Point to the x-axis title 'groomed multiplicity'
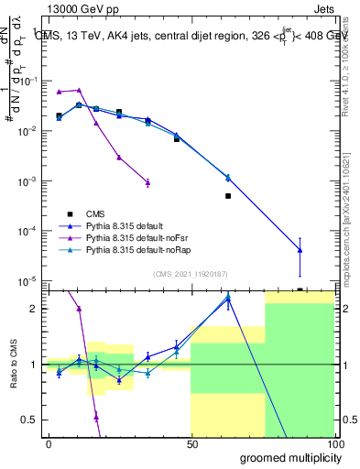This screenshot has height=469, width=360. pos(285,456)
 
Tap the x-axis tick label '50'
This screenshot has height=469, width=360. pos(191,442)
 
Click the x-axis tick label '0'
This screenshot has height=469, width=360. pos(49,442)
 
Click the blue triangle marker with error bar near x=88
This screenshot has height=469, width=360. pos(300,250)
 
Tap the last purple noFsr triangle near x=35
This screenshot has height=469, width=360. pos(147,182)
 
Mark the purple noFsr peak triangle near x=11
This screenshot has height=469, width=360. pos(80,90)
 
